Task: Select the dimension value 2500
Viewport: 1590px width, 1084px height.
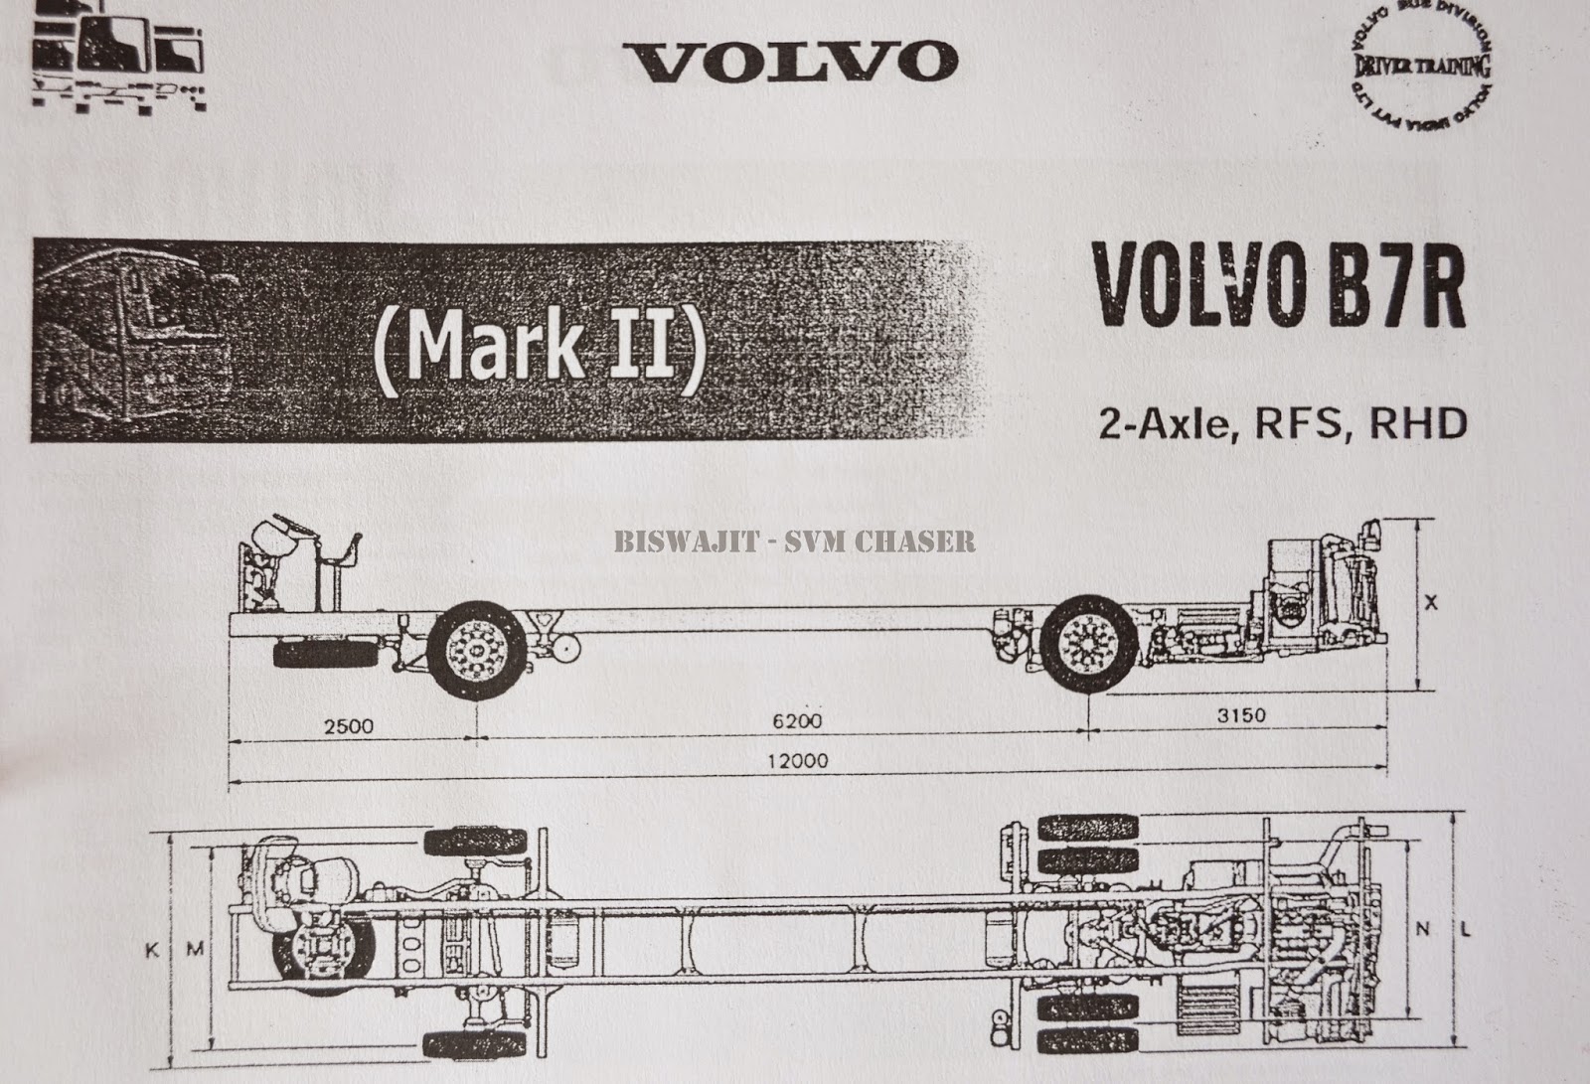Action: [349, 726]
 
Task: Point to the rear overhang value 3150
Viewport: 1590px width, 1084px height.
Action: [1241, 715]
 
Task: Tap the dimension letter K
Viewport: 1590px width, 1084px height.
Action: [152, 951]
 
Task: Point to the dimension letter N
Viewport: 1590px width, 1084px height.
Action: [1423, 930]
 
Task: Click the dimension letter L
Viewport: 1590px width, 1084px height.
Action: [1468, 930]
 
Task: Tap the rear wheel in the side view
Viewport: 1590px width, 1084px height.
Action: [1090, 645]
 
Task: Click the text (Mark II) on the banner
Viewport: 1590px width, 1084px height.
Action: [541, 345]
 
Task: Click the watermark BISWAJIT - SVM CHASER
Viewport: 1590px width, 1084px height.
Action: [794, 542]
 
